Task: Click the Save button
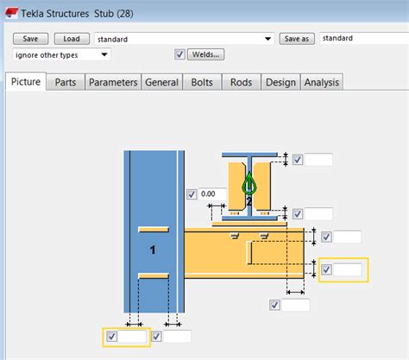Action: click(x=30, y=39)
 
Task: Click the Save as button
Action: click(x=296, y=39)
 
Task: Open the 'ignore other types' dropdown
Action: click(x=61, y=54)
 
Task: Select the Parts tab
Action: click(x=65, y=82)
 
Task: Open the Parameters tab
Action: click(x=113, y=82)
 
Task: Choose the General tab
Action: click(x=161, y=82)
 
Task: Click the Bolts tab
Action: click(x=201, y=82)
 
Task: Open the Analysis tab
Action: click(x=321, y=82)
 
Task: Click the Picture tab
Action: click(x=26, y=82)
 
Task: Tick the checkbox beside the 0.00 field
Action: click(x=192, y=194)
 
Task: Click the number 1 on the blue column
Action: click(x=152, y=249)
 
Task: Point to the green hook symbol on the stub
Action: click(x=249, y=184)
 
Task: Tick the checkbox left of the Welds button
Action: click(x=179, y=54)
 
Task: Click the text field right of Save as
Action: click(x=362, y=39)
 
